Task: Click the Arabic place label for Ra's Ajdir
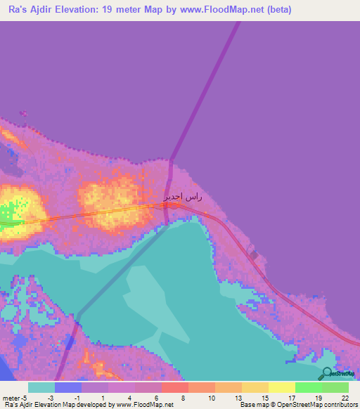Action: tap(184, 197)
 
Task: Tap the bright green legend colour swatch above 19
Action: tap(308, 387)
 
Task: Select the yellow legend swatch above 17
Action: tap(281, 387)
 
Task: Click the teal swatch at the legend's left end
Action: tap(41, 387)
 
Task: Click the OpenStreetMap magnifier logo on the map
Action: tap(328, 372)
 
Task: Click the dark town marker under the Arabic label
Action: tap(173, 206)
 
